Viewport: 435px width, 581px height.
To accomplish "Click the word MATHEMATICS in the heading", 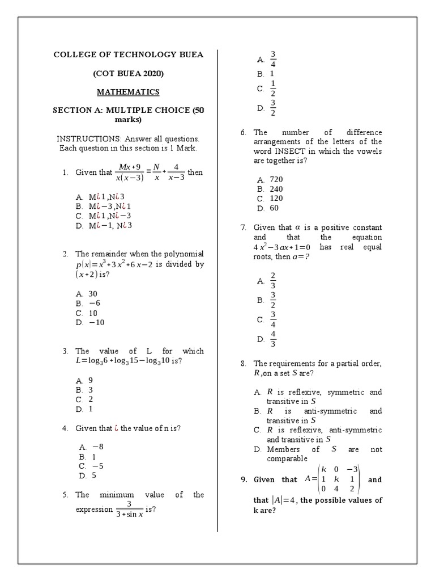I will [128, 92].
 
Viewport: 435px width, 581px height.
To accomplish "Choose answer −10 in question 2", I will [97, 323].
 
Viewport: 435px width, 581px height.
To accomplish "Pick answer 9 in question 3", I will [91, 380].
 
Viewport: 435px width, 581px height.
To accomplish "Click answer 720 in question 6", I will [276, 179].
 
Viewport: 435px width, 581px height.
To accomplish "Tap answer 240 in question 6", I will [276, 189].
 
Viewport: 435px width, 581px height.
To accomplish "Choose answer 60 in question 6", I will [274, 208].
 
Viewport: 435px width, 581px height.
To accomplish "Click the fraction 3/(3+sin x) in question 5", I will [130, 509].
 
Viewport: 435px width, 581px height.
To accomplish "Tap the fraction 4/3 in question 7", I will [274, 339].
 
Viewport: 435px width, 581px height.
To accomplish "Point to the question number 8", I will [243, 363].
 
